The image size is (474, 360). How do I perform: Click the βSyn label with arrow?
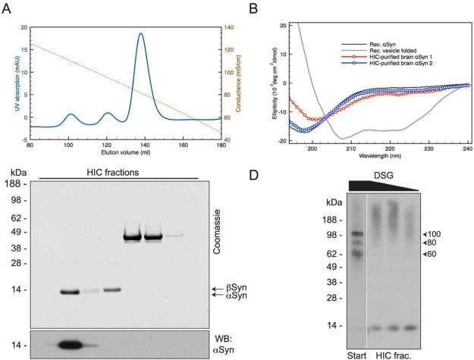[237, 290]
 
